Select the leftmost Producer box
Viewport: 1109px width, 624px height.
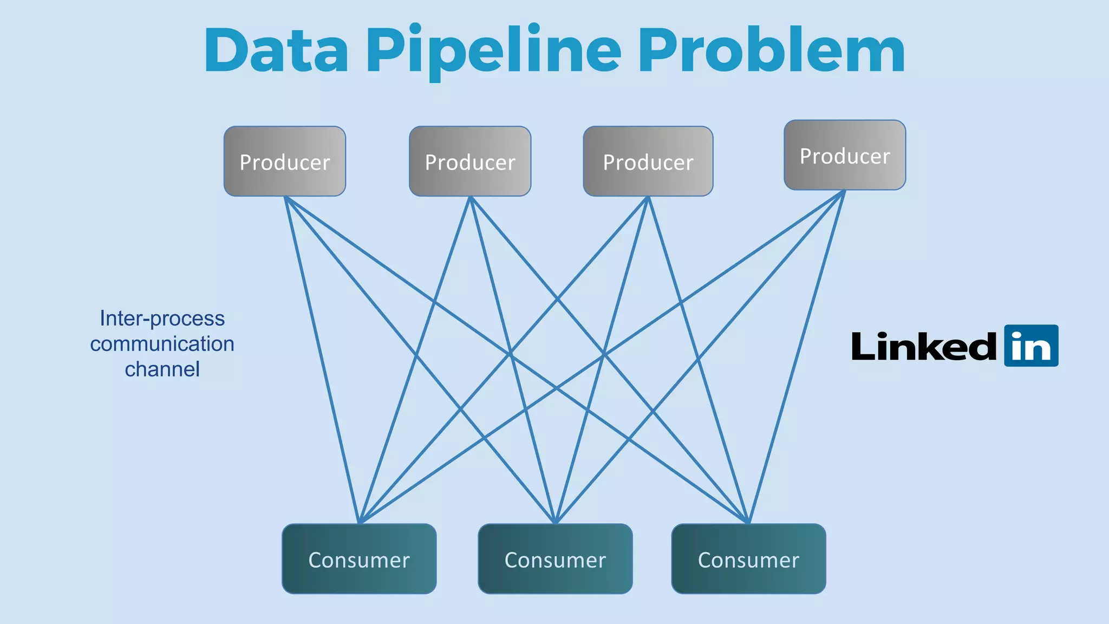tap(285, 161)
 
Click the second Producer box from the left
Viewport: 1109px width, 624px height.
tap(470, 161)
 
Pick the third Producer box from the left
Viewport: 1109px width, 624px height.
tap(648, 161)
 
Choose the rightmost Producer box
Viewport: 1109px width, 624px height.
tap(845, 155)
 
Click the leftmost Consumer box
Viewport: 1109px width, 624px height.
tap(359, 559)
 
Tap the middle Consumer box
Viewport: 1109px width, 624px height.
tap(555, 559)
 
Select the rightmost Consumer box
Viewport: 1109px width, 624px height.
tap(748, 559)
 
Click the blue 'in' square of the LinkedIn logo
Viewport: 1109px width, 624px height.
tap(1031, 346)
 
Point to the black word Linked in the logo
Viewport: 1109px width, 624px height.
tap(924, 347)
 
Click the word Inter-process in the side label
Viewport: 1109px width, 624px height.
tap(162, 318)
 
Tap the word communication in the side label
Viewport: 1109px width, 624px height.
tap(162, 343)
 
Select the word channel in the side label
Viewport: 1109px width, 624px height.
tap(162, 369)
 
